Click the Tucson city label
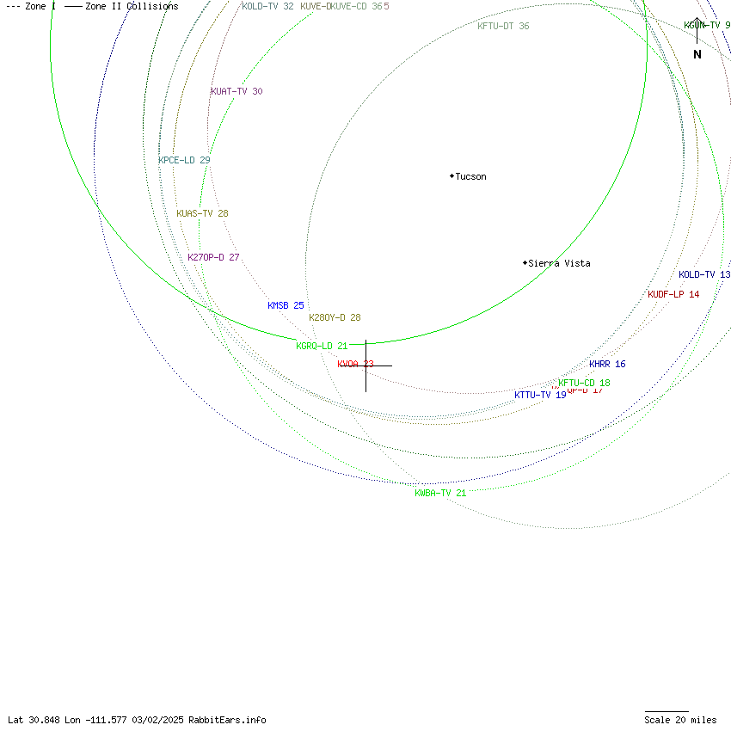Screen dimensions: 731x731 click(470, 177)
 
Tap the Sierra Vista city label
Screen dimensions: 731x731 click(559, 264)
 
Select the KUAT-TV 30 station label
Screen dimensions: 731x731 click(236, 92)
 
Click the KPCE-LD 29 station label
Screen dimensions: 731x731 click(184, 161)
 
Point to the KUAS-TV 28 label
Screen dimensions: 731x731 click(202, 214)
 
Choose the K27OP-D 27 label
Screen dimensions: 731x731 click(213, 258)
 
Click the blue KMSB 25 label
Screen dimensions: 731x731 click(286, 306)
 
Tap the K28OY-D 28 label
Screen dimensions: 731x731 click(335, 318)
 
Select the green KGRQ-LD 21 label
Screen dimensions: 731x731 click(322, 347)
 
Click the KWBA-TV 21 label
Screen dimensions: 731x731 click(440, 494)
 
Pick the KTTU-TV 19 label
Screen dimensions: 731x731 click(540, 396)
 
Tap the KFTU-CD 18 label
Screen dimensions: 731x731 click(584, 384)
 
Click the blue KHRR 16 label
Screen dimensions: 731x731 click(607, 365)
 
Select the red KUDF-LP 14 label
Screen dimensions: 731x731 click(673, 295)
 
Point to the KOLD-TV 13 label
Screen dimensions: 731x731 click(704, 275)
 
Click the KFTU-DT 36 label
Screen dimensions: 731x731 click(503, 27)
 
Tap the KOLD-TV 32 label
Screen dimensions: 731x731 click(267, 6)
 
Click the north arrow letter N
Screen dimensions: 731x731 click(697, 55)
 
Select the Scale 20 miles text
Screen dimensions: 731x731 click(680, 721)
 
